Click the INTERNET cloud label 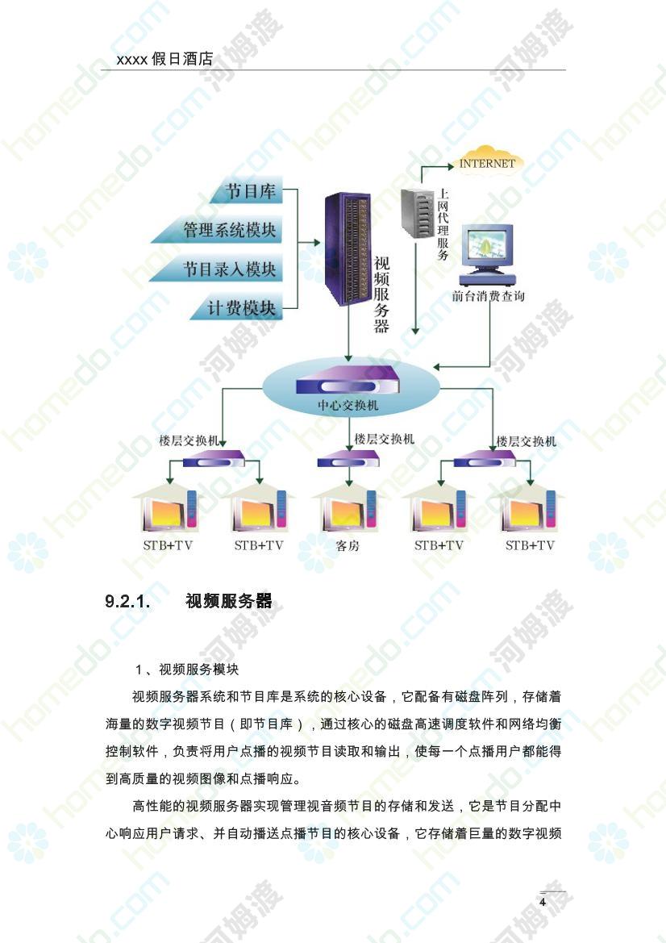point(487,163)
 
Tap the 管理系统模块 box point(217,231)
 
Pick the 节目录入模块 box point(217,269)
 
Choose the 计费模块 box point(237,308)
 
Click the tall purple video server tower point(348,248)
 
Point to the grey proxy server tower point(417,213)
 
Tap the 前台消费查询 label point(488,296)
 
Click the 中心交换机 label point(348,406)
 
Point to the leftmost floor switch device point(214,460)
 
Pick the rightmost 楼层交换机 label point(526,441)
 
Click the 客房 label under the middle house point(348,546)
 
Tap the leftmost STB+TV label point(168,545)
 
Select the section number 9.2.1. point(127,601)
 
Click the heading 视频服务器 point(228,601)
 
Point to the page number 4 point(543,902)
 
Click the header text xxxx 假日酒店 point(164,59)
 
